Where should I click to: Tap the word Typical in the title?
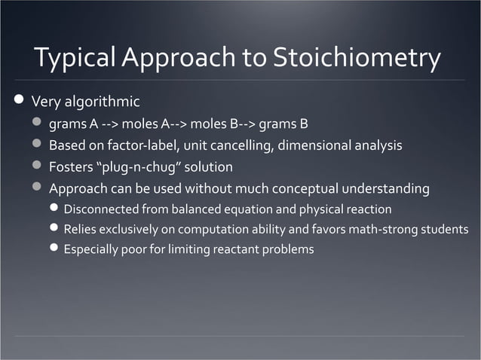(72, 59)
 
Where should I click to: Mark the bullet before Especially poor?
(54, 249)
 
